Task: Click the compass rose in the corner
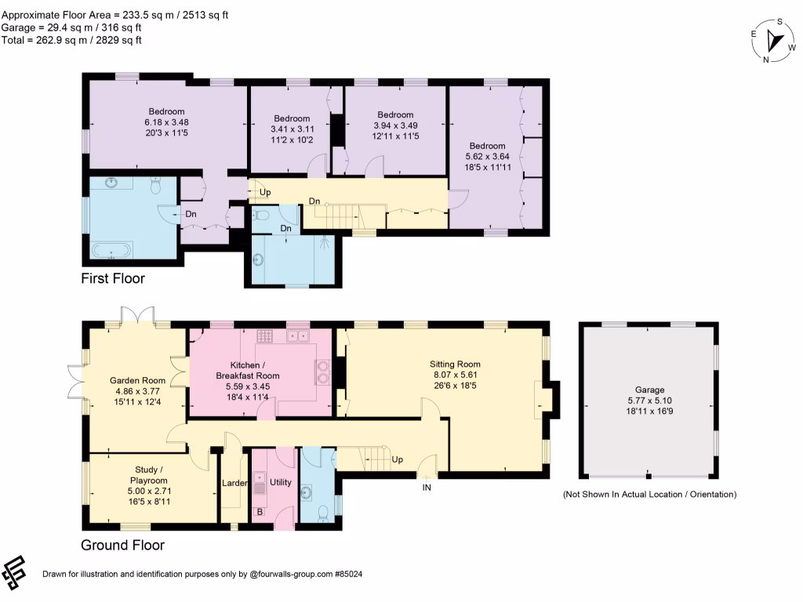[x=773, y=41]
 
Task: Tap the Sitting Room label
[x=455, y=364]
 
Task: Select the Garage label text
[x=649, y=390]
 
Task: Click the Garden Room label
[x=137, y=380]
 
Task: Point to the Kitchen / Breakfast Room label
[x=247, y=371]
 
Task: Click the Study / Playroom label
[x=148, y=475]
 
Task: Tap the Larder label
[x=234, y=483]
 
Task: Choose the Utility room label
[x=280, y=482]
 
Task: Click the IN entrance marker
[x=427, y=488]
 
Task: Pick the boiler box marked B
[x=260, y=511]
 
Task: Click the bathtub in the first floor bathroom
[x=111, y=250]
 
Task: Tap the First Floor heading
[x=113, y=278]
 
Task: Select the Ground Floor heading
[x=123, y=546]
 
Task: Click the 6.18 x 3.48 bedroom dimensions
[x=166, y=122]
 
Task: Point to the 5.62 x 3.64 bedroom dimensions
[x=487, y=157]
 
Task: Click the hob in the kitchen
[x=265, y=335]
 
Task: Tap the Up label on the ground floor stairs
[x=397, y=459]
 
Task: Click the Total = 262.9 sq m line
[x=71, y=41]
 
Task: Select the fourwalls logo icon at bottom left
[x=14, y=572]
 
